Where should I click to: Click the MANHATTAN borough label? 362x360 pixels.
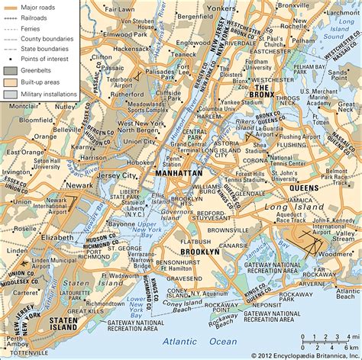pos(178,174)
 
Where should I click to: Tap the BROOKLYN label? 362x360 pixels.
pos(201,251)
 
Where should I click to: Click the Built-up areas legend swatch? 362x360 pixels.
pos(9,81)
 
